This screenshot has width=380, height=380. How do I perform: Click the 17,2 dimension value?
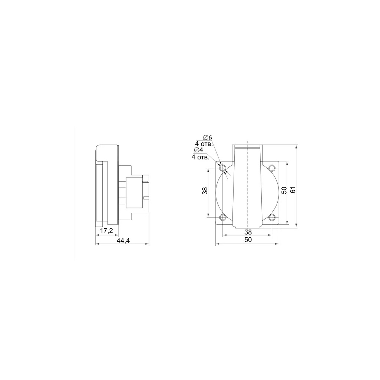107,231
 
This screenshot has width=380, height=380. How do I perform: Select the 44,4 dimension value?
123,241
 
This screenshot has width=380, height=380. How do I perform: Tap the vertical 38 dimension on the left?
204,191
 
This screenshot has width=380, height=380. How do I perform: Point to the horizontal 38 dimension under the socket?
248,232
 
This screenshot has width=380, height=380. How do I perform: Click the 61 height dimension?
293,190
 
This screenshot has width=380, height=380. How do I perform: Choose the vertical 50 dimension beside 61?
284,191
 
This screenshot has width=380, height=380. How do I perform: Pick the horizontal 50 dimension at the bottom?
248,240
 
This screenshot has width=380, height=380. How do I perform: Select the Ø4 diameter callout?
199,150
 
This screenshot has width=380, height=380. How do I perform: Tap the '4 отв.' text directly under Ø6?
204,144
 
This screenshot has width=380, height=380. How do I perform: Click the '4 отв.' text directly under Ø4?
199,157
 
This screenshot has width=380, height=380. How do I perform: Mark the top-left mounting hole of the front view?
223,169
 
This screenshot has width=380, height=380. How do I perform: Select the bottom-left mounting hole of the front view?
223,218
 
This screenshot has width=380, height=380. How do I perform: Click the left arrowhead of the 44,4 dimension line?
97,244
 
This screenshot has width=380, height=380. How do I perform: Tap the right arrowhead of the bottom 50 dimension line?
278,244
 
